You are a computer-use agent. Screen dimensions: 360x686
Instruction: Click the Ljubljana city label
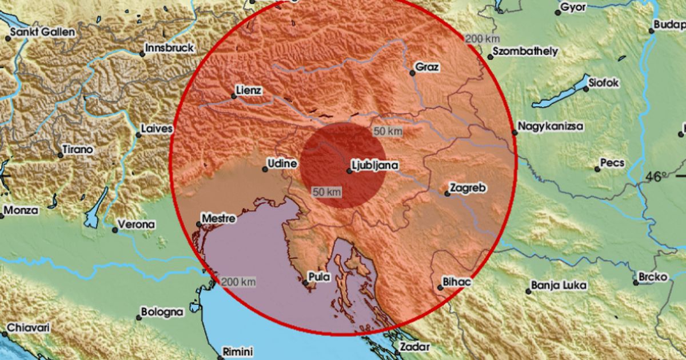tap(375, 166)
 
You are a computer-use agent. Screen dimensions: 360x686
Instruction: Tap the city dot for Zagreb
tap(448, 194)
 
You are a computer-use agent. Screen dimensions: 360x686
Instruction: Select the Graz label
tap(428, 67)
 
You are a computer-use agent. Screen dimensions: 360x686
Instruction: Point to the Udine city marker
tap(265, 169)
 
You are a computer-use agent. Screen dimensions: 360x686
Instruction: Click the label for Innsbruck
tap(170, 49)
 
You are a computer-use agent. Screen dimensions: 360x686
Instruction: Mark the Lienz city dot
tap(234, 96)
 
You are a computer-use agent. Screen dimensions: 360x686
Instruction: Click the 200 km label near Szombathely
tap(482, 39)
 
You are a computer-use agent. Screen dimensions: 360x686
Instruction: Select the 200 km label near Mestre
tap(237, 282)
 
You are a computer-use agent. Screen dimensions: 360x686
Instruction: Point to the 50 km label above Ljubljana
tap(388, 131)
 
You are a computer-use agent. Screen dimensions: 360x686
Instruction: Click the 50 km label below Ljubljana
tap(326, 192)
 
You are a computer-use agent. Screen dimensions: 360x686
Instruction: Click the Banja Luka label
tap(555, 285)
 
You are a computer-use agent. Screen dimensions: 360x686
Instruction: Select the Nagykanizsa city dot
tap(514, 133)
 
